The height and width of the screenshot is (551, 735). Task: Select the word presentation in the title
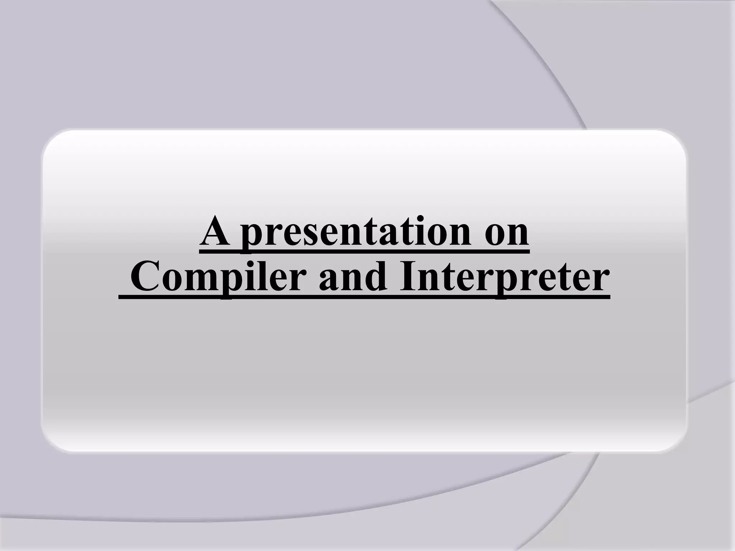(355, 233)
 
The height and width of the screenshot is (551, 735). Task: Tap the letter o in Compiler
(171, 283)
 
